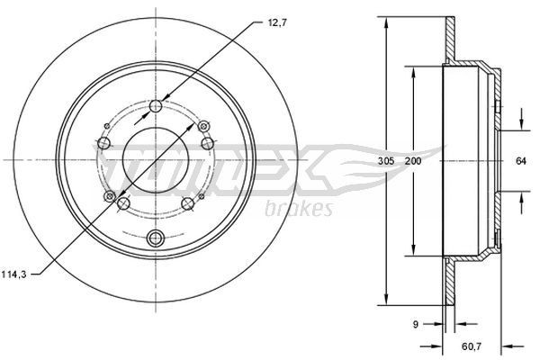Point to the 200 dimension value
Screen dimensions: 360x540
tap(413, 160)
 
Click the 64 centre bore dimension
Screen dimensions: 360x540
tap(520, 160)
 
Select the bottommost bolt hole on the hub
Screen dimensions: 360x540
tap(155, 238)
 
